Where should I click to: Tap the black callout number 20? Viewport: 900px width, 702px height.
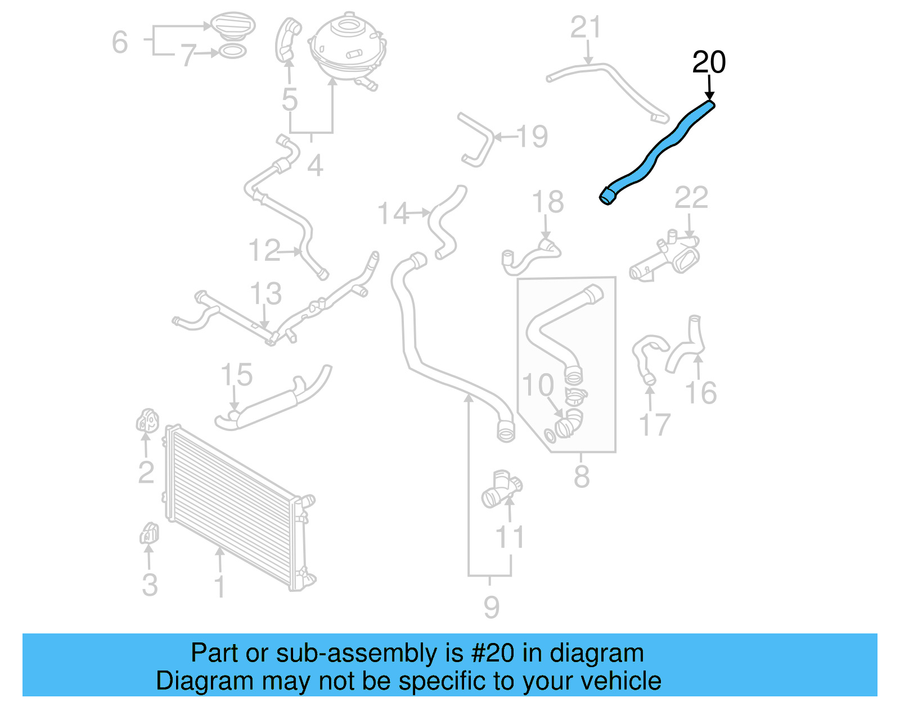[x=708, y=62]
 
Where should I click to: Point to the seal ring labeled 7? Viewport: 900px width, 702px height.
[x=232, y=52]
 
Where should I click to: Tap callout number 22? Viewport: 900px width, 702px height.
[x=691, y=198]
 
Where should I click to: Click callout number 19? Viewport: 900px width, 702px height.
[x=532, y=136]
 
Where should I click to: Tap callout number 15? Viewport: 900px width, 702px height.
[x=236, y=375]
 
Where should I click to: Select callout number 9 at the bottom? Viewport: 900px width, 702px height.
[x=491, y=607]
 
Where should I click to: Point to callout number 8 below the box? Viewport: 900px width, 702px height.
[x=582, y=476]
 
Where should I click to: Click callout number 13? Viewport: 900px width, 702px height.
[x=265, y=293]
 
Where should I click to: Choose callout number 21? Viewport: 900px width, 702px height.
[x=586, y=28]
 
